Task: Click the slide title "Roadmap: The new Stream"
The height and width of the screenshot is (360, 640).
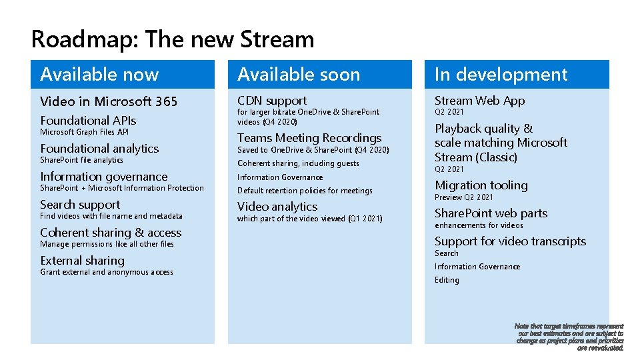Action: point(172,39)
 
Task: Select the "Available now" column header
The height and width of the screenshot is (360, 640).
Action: point(99,75)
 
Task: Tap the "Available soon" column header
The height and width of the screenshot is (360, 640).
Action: point(298,75)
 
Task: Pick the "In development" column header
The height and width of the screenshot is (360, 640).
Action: point(501,75)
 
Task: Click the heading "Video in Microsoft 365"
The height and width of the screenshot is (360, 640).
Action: point(109,101)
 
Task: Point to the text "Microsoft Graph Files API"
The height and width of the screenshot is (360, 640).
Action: point(84,132)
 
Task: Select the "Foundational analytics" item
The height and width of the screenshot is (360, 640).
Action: point(99,149)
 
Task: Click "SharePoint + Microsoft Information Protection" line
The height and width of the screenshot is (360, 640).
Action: point(122,188)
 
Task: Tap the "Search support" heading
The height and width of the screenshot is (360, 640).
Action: point(80,205)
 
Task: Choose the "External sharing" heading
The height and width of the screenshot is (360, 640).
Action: point(82,261)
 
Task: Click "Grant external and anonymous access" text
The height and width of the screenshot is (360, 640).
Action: point(107,272)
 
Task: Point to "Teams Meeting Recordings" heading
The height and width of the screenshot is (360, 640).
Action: point(309,138)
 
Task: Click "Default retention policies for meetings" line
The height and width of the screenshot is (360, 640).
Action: point(305,191)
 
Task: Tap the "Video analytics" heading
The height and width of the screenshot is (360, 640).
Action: point(277,207)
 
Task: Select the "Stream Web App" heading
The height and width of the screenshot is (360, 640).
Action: point(479,101)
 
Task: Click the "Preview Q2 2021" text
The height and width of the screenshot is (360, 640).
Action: point(464,197)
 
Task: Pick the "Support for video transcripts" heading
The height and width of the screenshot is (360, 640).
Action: point(510,241)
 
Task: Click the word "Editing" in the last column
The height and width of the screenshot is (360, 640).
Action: point(447,280)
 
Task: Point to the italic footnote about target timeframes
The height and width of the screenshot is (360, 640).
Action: point(569,337)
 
